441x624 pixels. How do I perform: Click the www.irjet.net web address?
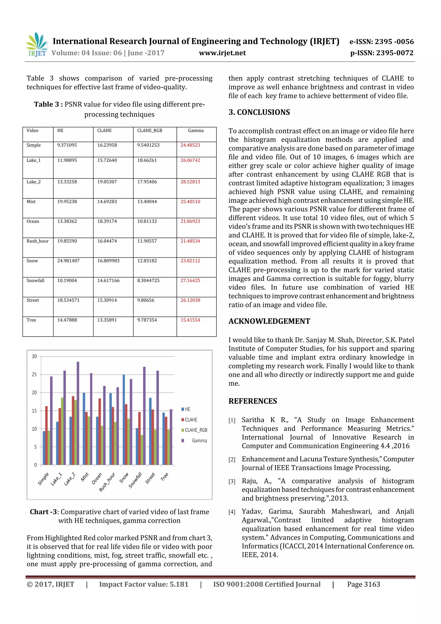(x=222, y=53)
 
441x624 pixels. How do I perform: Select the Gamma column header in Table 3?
(x=196, y=131)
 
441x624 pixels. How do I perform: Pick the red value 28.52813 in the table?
(x=190, y=182)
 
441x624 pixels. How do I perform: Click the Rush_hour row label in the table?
(x=37, y=241)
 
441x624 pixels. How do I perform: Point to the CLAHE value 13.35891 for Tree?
(x=107, y=320)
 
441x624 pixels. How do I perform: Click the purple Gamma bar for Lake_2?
(x=78, y=413)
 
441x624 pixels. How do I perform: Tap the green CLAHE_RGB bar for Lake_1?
(x=62, y=431)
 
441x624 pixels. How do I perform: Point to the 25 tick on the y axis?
(x=34, y=375)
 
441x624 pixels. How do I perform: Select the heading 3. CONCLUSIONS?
(x=259, y=112)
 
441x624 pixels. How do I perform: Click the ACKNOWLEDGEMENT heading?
(x=269, y=321)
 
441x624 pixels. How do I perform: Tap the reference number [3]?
(x=232, y=481)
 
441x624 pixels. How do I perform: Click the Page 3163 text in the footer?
(x=363, y=584)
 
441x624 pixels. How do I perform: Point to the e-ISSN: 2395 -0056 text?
(x=381, y=42)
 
